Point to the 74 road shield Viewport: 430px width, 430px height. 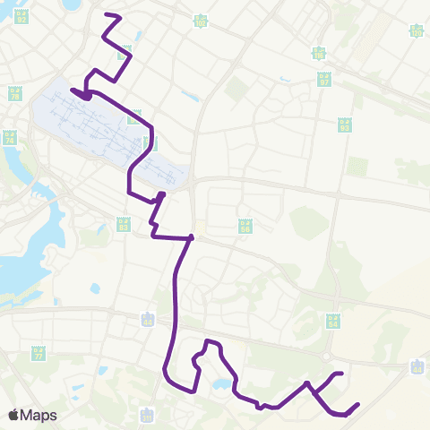click(x=10, y=139)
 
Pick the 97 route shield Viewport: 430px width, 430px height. click(x=324, y=80)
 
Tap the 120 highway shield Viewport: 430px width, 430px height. click(x=416, y=31)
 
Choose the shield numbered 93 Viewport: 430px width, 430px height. click(x=344, y=125)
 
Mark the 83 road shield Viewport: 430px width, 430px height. click(x=123, y=224)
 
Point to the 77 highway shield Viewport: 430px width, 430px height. click(x=38, y=354)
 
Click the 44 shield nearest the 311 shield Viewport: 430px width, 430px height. click(x=148, y=321)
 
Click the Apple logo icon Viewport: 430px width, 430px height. click(x=13, y=415)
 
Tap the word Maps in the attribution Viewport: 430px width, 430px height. click(x=39, y=415)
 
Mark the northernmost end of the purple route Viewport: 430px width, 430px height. click(x=107, y=15)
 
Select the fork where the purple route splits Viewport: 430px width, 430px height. click(x=308, y=385)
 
